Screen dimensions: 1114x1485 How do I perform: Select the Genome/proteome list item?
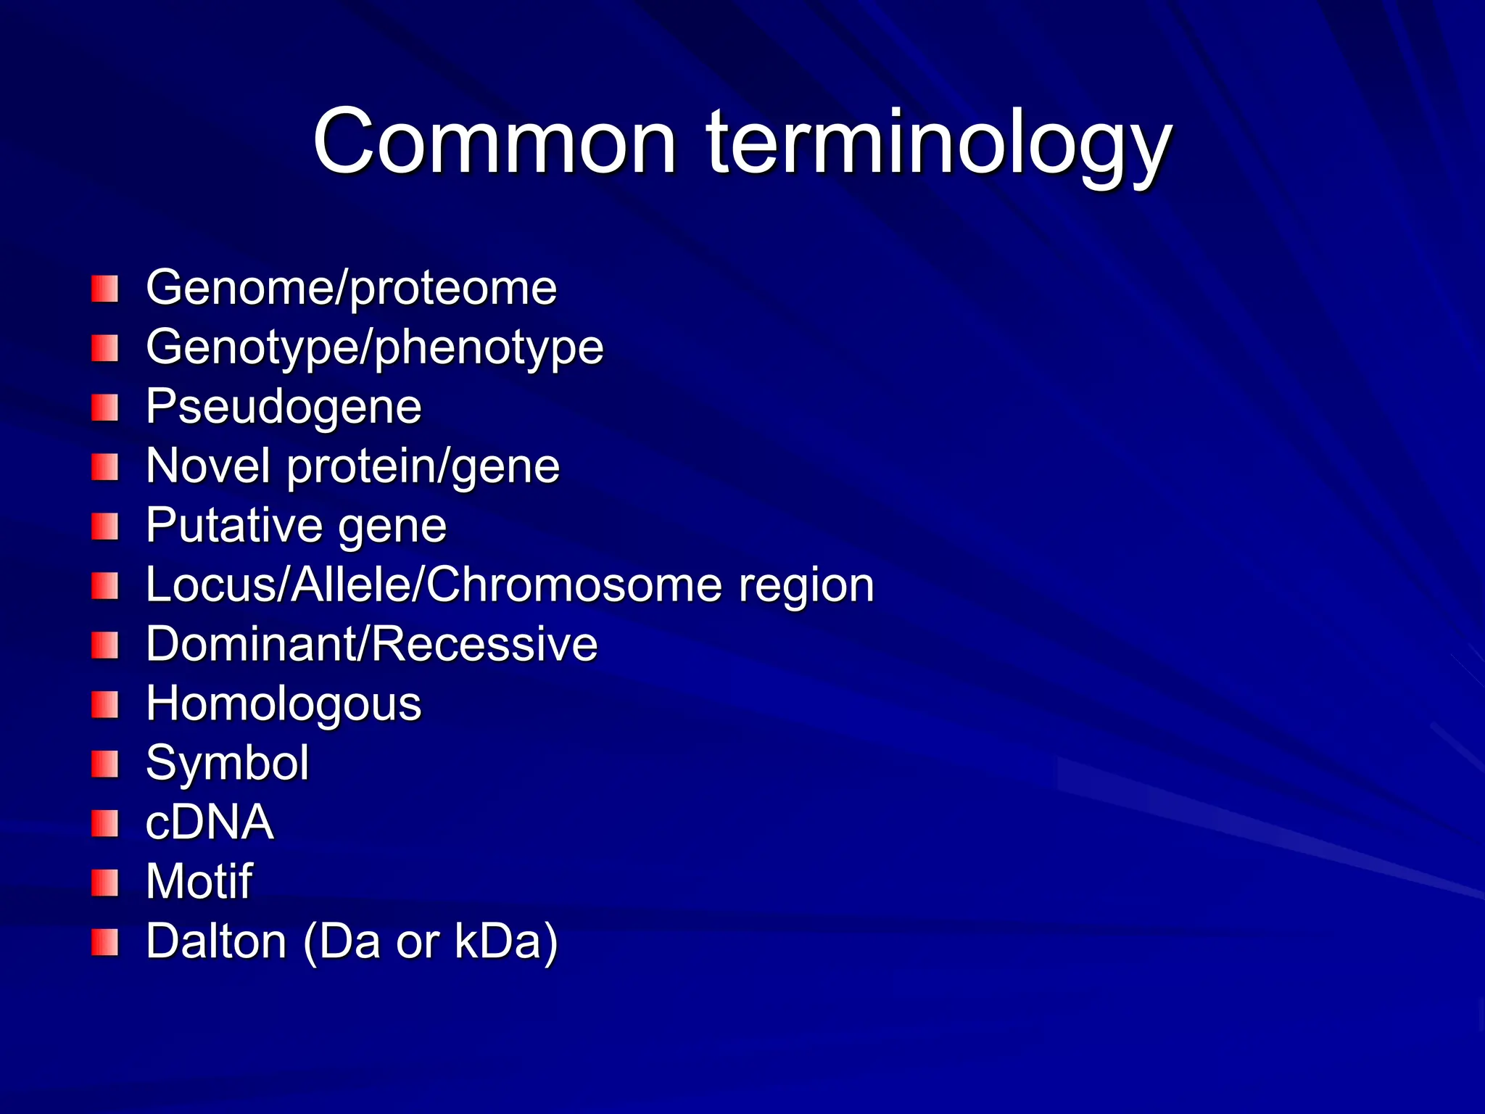point(351,288)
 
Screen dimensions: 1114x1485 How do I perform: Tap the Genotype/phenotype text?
point(374,347)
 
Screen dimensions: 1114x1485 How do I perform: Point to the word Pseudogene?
point(284,407)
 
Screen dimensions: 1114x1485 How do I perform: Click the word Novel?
point(208,466)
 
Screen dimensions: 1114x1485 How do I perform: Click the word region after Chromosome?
point(806,585)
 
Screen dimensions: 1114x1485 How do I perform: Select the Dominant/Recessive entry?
point(371,644)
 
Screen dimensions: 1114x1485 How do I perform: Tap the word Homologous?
point(284,704)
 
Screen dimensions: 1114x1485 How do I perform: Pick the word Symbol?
point(227,763)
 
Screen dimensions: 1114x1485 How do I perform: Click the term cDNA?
point(210,822)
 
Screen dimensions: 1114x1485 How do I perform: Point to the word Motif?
point(199,882)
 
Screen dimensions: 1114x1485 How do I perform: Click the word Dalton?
point(216,941)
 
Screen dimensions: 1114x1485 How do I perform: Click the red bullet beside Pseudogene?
point(104,408)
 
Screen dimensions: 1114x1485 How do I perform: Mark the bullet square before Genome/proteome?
point(104,289)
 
